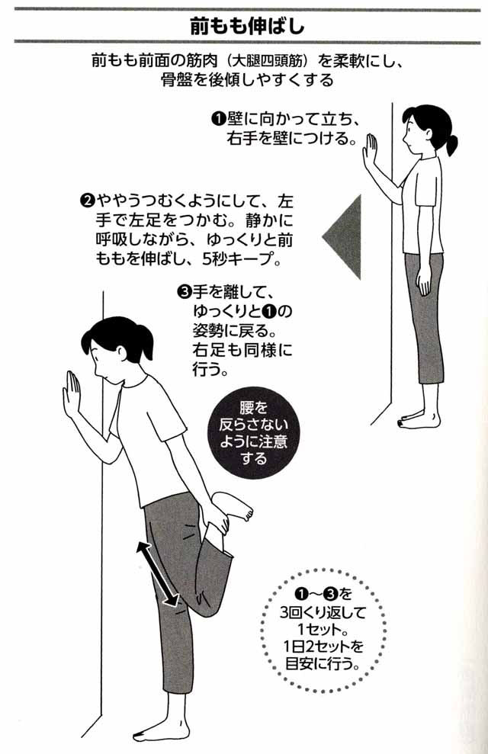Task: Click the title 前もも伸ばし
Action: pyautogui.click(x=246, y=27)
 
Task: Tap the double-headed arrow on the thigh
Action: pyautogui.click(x=157, y=573)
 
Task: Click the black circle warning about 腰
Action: pyautogui.click(x=253, y=433)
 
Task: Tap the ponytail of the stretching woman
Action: pyautogui.click(x=145, y=343)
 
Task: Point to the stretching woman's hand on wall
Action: pyautogui.click(x=72, y=393)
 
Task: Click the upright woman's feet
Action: pyautogui.click(x=419, y=419)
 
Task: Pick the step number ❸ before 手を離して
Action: pyautogui.click(x=185, y=291)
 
